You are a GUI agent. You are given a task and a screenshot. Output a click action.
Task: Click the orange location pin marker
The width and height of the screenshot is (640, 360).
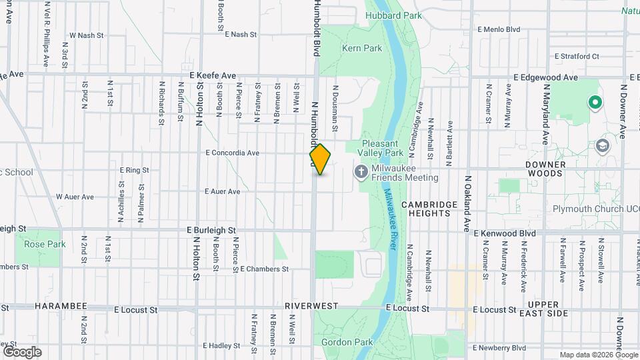pos(321,159)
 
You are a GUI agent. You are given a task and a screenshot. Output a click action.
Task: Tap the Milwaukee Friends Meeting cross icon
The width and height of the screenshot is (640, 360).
pos(361,173)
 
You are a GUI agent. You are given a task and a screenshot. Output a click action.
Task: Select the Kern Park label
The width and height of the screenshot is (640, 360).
pos(362,48)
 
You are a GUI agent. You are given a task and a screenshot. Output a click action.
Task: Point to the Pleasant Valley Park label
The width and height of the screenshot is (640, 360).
pos(383,148)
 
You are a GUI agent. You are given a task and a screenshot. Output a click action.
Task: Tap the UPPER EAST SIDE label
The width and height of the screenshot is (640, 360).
pos(544,308)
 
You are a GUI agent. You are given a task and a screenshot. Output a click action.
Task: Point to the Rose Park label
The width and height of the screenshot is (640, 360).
pos(45,244)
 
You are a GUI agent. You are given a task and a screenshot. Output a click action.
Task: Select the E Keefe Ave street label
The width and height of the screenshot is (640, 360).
pos(213,76)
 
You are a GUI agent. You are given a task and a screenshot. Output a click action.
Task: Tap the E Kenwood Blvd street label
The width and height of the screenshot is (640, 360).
pos(505,233)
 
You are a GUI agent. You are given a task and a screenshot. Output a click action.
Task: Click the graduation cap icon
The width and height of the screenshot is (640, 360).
pos(603,146)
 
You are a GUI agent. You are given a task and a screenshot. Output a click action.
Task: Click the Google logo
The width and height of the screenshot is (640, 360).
pos(21,351)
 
